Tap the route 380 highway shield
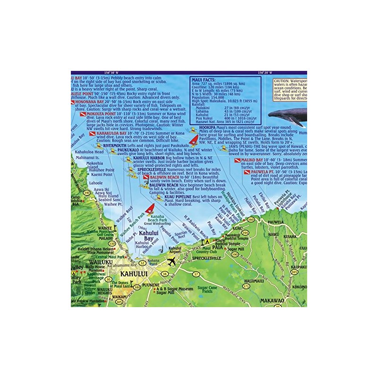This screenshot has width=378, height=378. (137, 287)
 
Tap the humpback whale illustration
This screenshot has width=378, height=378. (287, 115)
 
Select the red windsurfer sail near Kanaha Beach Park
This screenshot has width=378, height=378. (150, 209)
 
